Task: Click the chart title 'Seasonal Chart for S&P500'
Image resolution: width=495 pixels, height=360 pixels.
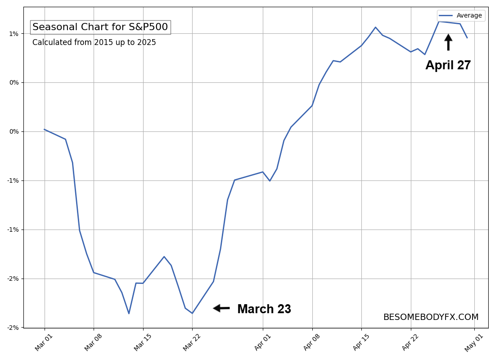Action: [x=100, y=27]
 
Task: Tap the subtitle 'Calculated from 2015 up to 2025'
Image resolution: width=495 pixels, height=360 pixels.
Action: [x=94, y=42]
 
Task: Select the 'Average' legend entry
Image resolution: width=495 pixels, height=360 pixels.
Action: [x=461, y=15]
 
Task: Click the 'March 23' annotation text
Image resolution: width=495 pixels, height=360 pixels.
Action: [x=264, y=309]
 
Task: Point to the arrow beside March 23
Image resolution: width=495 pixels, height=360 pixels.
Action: [x=221, y=308]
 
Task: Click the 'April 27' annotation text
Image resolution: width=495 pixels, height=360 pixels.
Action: [x=448, y=65]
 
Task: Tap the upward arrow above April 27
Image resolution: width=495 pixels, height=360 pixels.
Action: [x=448, y=42]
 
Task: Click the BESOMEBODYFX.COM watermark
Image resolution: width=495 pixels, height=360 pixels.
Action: [x=431, y=317]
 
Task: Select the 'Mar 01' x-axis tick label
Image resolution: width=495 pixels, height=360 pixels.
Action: [x=44, y=342]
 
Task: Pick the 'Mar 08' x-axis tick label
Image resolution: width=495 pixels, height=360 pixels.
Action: [x=93, y=342]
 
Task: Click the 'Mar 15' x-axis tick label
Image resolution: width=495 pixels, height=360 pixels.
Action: [x=142, y=342]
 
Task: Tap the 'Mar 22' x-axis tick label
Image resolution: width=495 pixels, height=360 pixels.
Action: [x=192, y=342]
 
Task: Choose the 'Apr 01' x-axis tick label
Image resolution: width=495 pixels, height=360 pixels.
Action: [x=263, y=342]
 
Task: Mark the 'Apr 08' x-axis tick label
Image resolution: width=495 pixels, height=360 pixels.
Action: [x=311, y=342]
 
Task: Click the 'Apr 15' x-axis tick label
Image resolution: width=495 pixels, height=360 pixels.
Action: [x=361, y=342]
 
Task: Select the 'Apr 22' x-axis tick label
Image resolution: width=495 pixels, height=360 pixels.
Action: [x=410, y=342]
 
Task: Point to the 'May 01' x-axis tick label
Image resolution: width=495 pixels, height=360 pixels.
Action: [x=473, y=342]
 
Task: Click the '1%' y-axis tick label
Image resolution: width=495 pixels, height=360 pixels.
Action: [x=13, y=34]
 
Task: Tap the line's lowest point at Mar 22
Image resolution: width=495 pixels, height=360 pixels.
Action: [x=192, y=313]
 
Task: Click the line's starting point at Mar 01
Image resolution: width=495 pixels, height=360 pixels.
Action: [x=45, y=129]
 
